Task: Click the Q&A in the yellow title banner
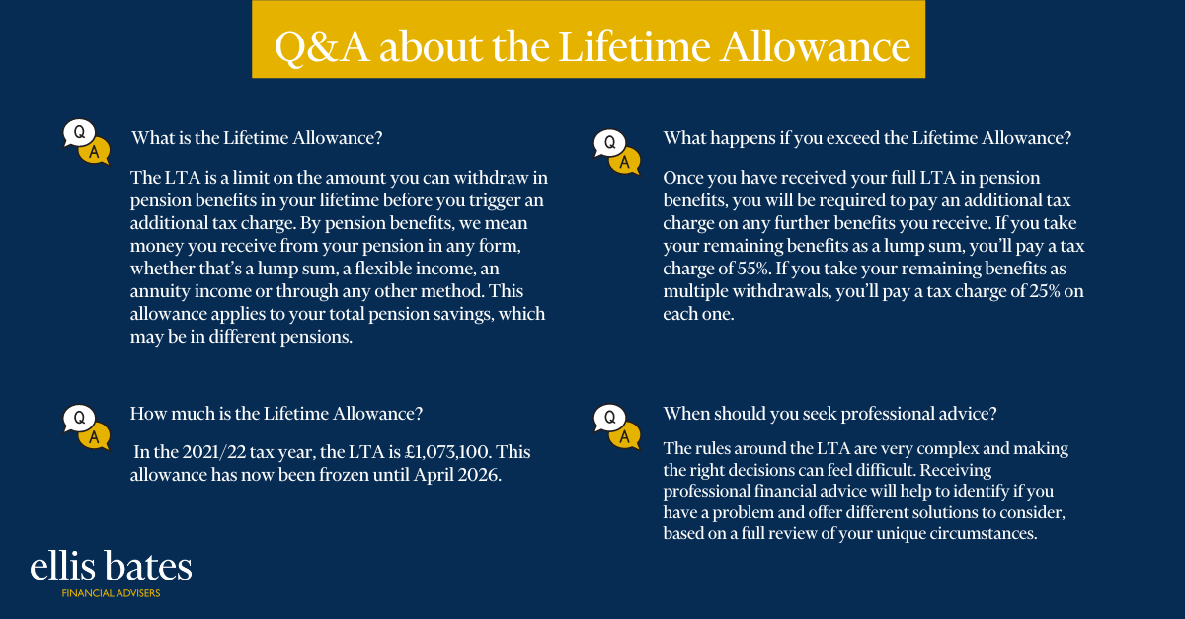[322, 47]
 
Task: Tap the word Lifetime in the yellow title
[634, 46]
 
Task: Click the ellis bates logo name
[111, 566]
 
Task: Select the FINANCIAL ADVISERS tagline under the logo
[111, 593]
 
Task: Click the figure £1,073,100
[447, 452]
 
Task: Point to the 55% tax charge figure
[752, 269]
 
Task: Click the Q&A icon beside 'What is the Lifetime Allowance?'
[87, 142]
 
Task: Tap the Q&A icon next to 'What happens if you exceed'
[617, 152]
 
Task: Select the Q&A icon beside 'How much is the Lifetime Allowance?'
[87, 427]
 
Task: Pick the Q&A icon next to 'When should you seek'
[617, 427]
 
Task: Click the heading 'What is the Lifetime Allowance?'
[257, 138]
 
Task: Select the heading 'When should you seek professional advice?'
[830, 414]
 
